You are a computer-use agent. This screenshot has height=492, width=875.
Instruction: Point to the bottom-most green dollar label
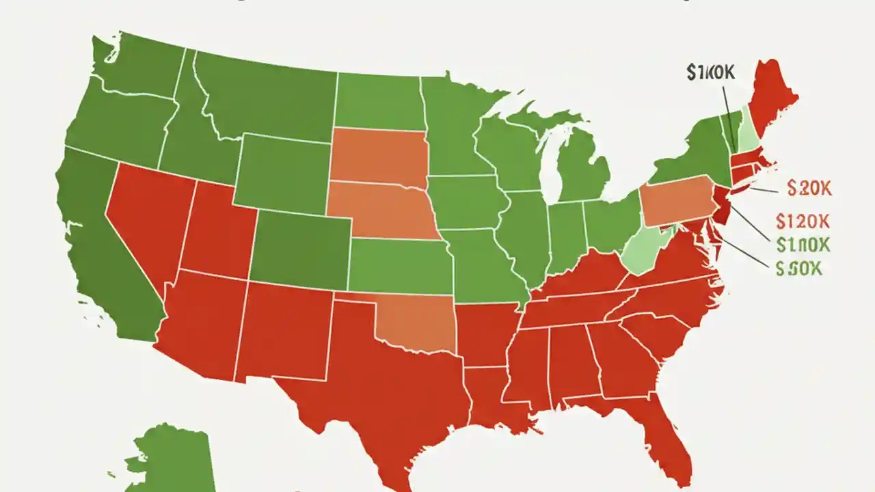pyautogui.click(x=798, y=269)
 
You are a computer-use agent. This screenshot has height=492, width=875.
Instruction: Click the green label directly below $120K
pyautogui.click(x=803, y=244)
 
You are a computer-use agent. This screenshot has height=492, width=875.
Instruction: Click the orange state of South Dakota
pyautogui.click(x=377, y=157)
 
